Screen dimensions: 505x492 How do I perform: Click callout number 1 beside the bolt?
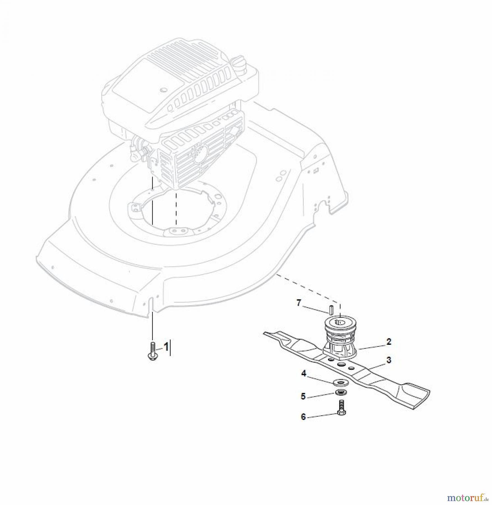166,347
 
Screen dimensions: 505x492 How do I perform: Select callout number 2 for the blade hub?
389,342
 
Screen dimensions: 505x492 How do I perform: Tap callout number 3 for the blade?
389,360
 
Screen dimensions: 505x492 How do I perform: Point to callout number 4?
304,374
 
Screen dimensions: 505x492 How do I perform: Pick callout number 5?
303,396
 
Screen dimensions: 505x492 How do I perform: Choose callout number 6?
303,417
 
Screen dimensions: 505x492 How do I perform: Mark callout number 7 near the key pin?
299,303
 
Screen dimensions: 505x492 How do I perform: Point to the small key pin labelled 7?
331,309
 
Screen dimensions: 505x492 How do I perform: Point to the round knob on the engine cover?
162,90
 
